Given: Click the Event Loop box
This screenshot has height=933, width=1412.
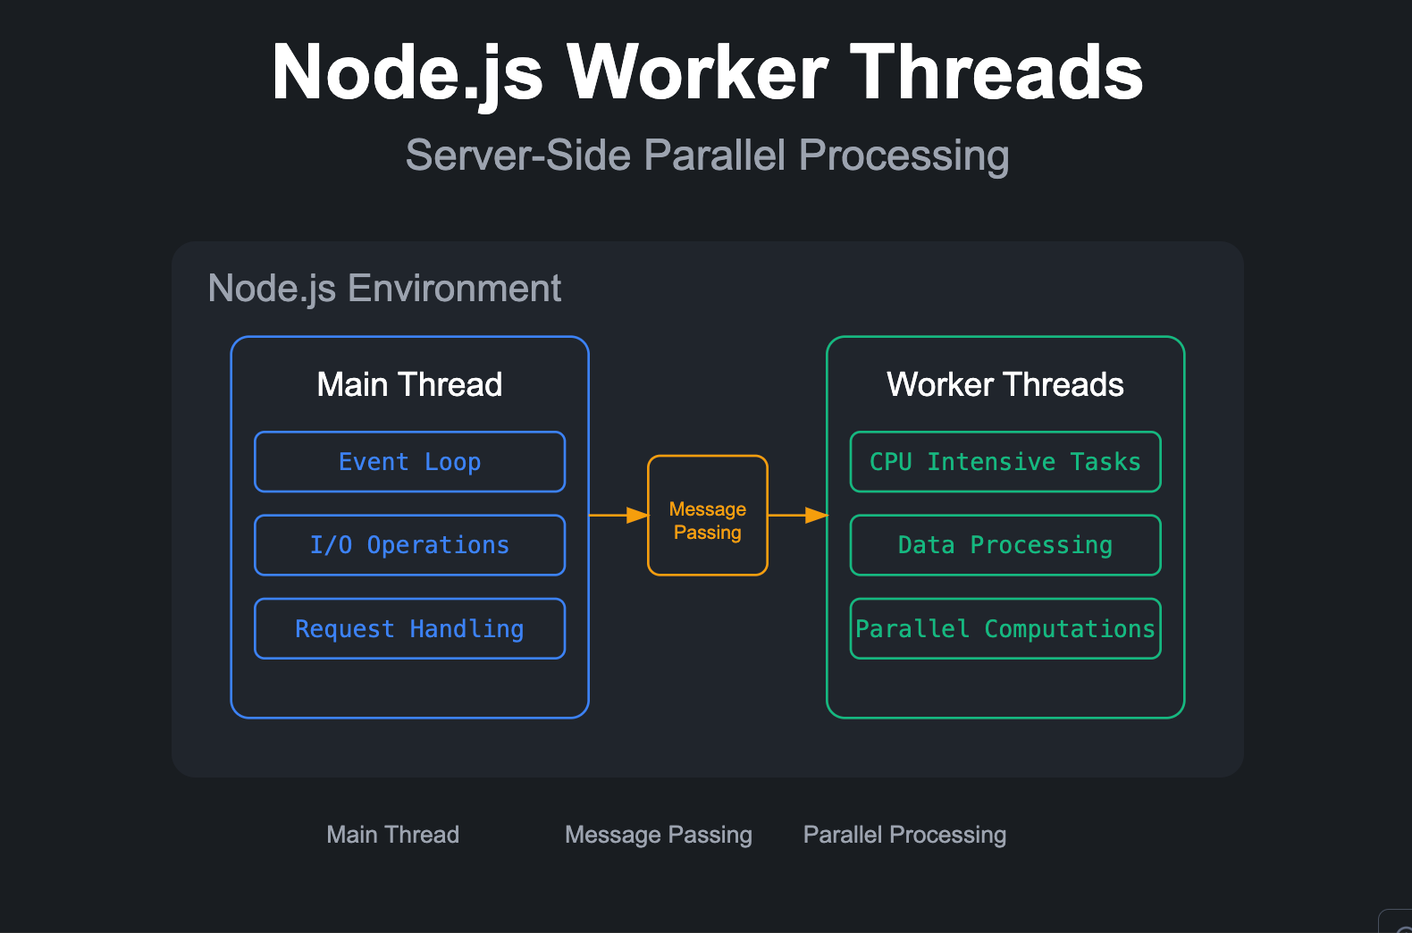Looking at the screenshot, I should click(409, 462).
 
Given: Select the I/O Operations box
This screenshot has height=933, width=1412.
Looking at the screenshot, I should click(409, 545).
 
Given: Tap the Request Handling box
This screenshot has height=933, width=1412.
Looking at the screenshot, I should click(409, 629).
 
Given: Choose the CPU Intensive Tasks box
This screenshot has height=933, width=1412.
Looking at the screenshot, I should click(1005, 462).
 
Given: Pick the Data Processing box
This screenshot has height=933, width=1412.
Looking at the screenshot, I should click(1005, 545).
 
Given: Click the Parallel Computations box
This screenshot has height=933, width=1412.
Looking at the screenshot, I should click(1005, 629).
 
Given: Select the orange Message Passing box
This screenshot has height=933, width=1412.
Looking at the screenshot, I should click(708, 516).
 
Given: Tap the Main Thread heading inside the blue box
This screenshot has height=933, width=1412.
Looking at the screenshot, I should click(409, 385).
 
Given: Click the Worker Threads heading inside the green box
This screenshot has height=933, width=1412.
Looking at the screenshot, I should click(1005, 385).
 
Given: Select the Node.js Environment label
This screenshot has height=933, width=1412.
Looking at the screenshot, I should click(384, 289).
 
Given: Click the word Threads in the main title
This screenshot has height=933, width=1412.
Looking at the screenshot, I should click(996, 73).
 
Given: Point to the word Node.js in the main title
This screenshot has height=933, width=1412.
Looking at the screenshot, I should click(408, 73).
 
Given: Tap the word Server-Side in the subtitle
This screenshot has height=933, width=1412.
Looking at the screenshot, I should click(518, 155).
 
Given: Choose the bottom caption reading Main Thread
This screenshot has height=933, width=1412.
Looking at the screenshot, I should click(392, 835).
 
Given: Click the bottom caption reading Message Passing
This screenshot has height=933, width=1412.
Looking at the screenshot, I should click(659, 835).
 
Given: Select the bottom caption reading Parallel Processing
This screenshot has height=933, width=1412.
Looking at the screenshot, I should click(904, 835).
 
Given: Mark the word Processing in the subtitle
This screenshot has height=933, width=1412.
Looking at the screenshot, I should click(904, 155).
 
